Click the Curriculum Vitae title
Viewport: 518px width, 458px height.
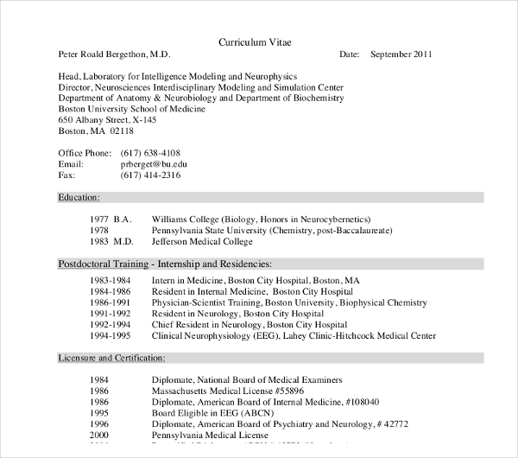pyautogui.click(x=259, y=41)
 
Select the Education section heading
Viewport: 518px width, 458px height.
pyautogui.click(x=79, y=198)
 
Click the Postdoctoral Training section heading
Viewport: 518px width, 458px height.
pyautogui.click(x=164, y=264)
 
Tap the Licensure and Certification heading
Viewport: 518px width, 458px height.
pyautogui.click(x=111, y=357)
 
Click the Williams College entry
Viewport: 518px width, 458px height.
pyautogui.click(x=261, y=219)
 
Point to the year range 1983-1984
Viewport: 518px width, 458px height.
pyautogui.click(x=110, y=281)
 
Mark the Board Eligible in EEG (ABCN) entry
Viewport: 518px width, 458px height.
pyautogui.click(x=209, y=412)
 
